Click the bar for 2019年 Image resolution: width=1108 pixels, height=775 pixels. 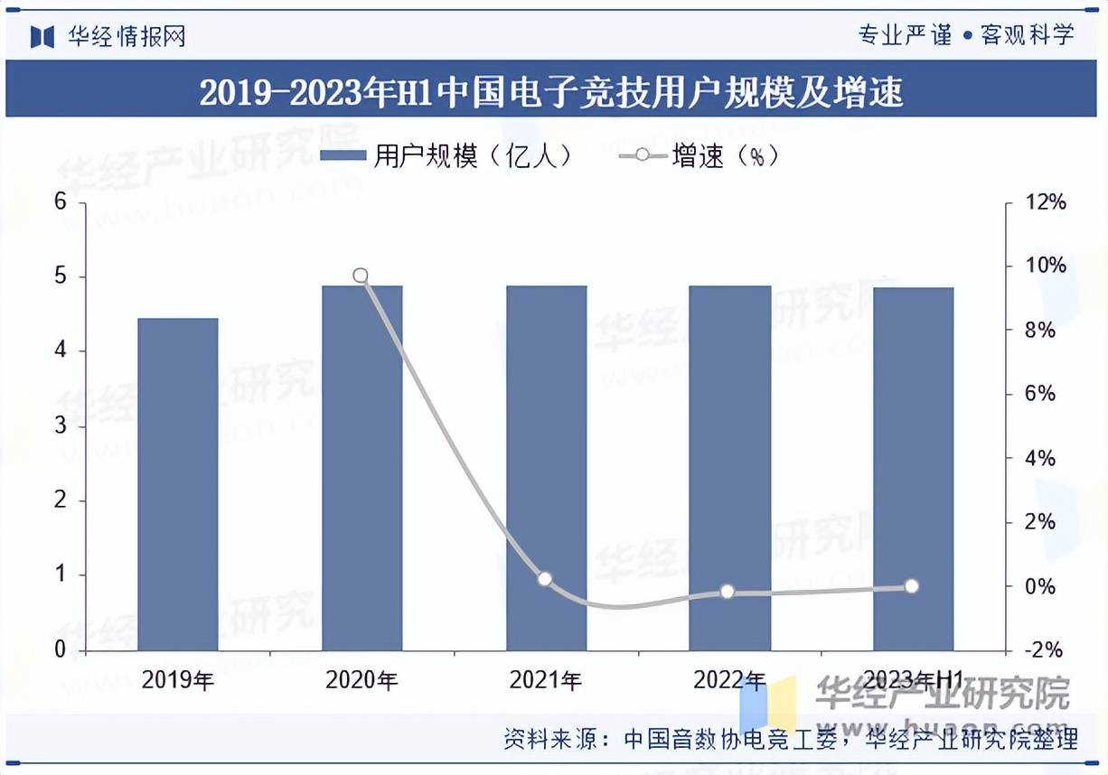178,484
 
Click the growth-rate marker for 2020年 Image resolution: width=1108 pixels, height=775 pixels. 361,275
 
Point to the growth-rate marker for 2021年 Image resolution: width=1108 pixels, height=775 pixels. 544,579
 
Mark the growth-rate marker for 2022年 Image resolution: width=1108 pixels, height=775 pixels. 728,592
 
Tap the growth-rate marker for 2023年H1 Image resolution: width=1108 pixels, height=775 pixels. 911,586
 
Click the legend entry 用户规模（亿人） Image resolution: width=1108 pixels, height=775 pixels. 448,156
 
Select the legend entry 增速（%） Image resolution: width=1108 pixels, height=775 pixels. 700,156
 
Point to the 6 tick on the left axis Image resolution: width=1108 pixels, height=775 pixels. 61,201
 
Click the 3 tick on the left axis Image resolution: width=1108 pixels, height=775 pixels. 61,426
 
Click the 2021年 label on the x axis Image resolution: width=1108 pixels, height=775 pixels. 545,680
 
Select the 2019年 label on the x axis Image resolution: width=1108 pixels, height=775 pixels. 178,680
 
